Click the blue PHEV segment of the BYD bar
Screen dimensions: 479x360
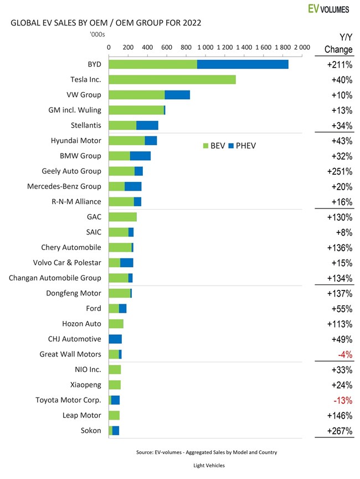[x=243, y=64]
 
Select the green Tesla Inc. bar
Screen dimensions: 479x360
[x=172, y=80]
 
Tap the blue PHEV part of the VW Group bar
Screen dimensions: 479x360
[x=177, y=95]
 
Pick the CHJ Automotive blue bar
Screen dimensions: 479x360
[x=115, y=339]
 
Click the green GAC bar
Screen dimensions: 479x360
[x=122, y=217]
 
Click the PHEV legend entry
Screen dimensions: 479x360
[x=241, y=146]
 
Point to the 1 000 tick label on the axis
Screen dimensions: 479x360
[x=205, y=48]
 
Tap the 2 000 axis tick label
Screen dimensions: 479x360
[x=301, y=48]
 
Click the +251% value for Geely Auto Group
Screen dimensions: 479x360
[x=337, y=171]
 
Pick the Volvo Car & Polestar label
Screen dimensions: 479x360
[x=67, y=263]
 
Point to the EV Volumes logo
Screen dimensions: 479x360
[x=330, y=8]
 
